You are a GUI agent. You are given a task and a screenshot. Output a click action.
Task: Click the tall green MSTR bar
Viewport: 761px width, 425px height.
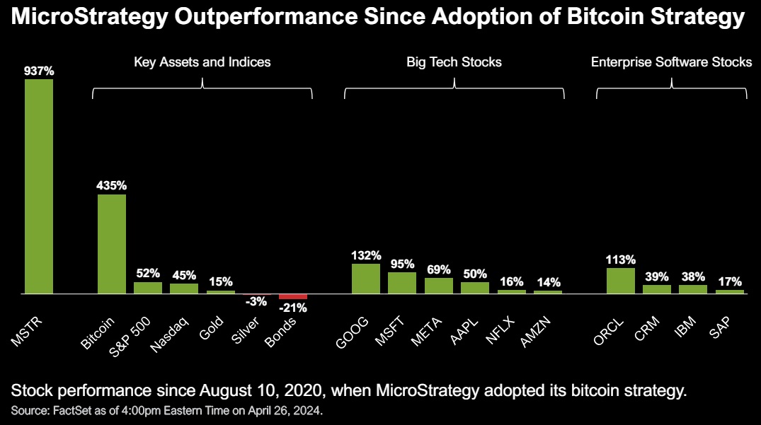click(39, 186)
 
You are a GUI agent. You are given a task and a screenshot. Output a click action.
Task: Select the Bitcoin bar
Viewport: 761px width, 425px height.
click(112, 244)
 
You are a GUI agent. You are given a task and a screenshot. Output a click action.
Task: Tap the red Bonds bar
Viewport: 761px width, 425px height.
click(293, 296)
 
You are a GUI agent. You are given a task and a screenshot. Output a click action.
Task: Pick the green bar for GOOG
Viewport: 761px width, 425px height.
click(366, 279)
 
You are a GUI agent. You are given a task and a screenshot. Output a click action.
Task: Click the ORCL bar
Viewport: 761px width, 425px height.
click(621, 281)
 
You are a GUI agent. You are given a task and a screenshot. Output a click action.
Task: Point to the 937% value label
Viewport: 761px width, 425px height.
click(39, 71)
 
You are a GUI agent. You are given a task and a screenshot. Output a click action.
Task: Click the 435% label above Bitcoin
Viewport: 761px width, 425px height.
click(112, 186)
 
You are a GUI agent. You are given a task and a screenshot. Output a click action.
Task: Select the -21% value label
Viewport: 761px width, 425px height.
click(293, 307)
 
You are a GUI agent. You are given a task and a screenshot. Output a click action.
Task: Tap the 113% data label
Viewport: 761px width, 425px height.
click(621, 260)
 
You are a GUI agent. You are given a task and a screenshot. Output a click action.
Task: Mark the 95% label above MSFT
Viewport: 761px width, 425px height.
click(402, 264)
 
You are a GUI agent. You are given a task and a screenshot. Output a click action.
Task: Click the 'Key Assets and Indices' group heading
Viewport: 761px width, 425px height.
click(202, 62)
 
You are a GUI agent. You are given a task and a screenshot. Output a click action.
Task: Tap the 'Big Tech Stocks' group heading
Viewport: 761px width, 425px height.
click(454, 62)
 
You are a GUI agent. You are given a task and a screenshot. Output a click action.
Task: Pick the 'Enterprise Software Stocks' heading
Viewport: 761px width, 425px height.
click(671, 62)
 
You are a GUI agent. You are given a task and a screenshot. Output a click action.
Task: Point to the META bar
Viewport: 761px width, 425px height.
click(439, 286)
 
